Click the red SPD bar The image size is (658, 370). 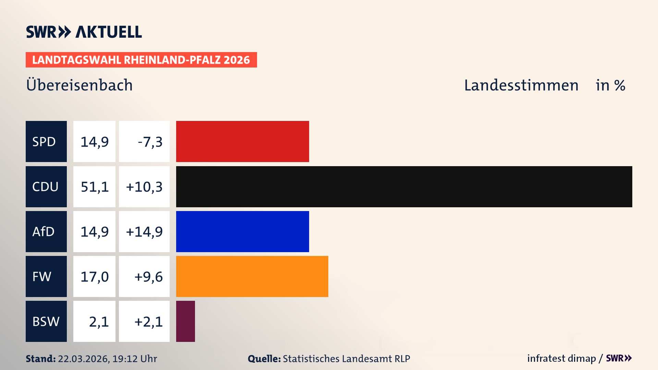pyautogui.click(x=242, y=141)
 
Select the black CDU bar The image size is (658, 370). pyautogui.click(x=404, y=187)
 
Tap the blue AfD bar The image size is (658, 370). pyautogui.click(x=242, y=232)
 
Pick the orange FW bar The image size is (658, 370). pyautogui.click(x=252, y=276)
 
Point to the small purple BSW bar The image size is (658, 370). pyautogui.click(x=185, y=321)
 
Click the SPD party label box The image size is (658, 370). pyautogui.click(x=46, y=141)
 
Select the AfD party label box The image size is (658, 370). pyautogui.click(x=46, y=232)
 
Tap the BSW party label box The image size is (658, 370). pyautogui.click(x=46, y=321)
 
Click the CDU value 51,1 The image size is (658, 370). pyautogui.click(x=95, y=187)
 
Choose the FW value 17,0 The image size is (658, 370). pyautogui.click(x=95, y=276)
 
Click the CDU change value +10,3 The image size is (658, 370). pyautogui.click(x=144, y=187)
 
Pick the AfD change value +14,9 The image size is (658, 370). pyautogui.click(x=144, y=232)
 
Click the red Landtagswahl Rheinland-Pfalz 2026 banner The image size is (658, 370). pyautogui.click(x=141, y=60)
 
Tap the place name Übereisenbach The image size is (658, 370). pyautogui.click(x=79, y=85)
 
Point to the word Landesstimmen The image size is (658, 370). pyautogui.click(x=521, y=85)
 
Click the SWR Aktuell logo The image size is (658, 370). pyautogui.click(x=84, y=32)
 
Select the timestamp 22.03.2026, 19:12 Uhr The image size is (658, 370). pyautogui.click(x=107, y=359)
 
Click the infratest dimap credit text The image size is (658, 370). pyautogui.click(x=561, y=358)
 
